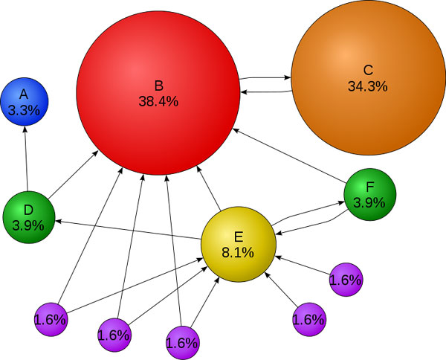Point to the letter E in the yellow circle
[239, 237]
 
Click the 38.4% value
[158, 101]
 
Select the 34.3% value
[367, 86]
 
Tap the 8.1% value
[239, 252]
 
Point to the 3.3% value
[24, 110]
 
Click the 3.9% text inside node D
[28, 224]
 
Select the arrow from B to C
[264, 76]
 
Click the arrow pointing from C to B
[264, 91]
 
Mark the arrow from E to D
[126, 228]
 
